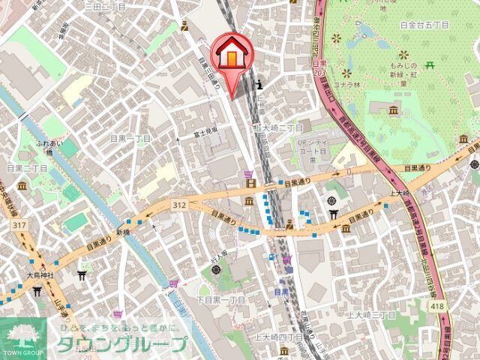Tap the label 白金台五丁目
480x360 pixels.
(424, 25)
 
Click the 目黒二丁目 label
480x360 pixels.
(27, 169)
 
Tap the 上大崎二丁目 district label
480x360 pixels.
(277, 127)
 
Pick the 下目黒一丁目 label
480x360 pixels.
(222, 300)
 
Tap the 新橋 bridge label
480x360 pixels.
(123, 232)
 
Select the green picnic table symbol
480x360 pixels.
(430, 65)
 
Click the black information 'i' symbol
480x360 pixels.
(259, 83)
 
